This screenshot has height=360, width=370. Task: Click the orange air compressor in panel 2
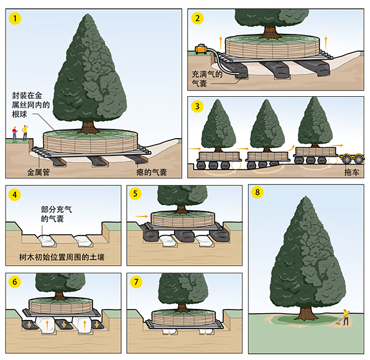click(201, 47)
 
